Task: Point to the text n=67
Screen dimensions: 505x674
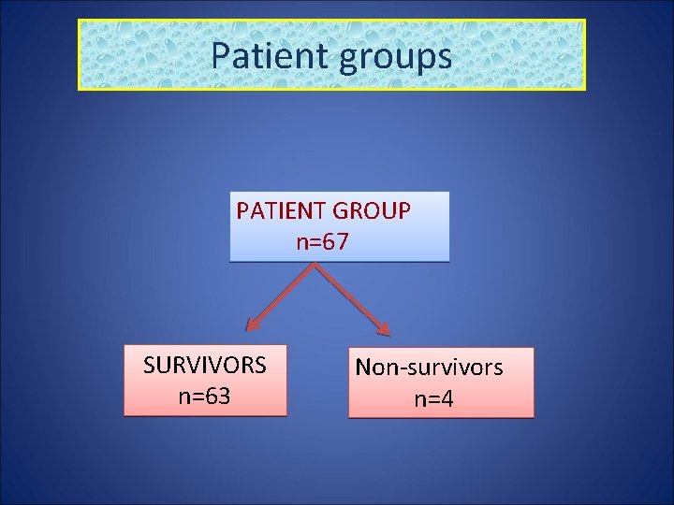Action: pos(322,243)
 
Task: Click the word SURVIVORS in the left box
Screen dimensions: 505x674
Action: pos(204,365)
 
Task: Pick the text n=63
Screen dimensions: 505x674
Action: pos(204,396)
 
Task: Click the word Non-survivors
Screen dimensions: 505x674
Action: pos(429,368)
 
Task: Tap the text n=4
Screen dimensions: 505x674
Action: pos(433,400)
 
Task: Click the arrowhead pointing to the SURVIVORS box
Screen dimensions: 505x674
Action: pos(252,325)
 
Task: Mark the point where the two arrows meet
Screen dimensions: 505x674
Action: pos(315,264)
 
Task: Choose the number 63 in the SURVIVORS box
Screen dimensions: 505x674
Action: pos(217,396)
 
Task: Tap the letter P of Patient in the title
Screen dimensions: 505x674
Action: pos(220,55)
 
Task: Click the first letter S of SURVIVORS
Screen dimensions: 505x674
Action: pos(149,365)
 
